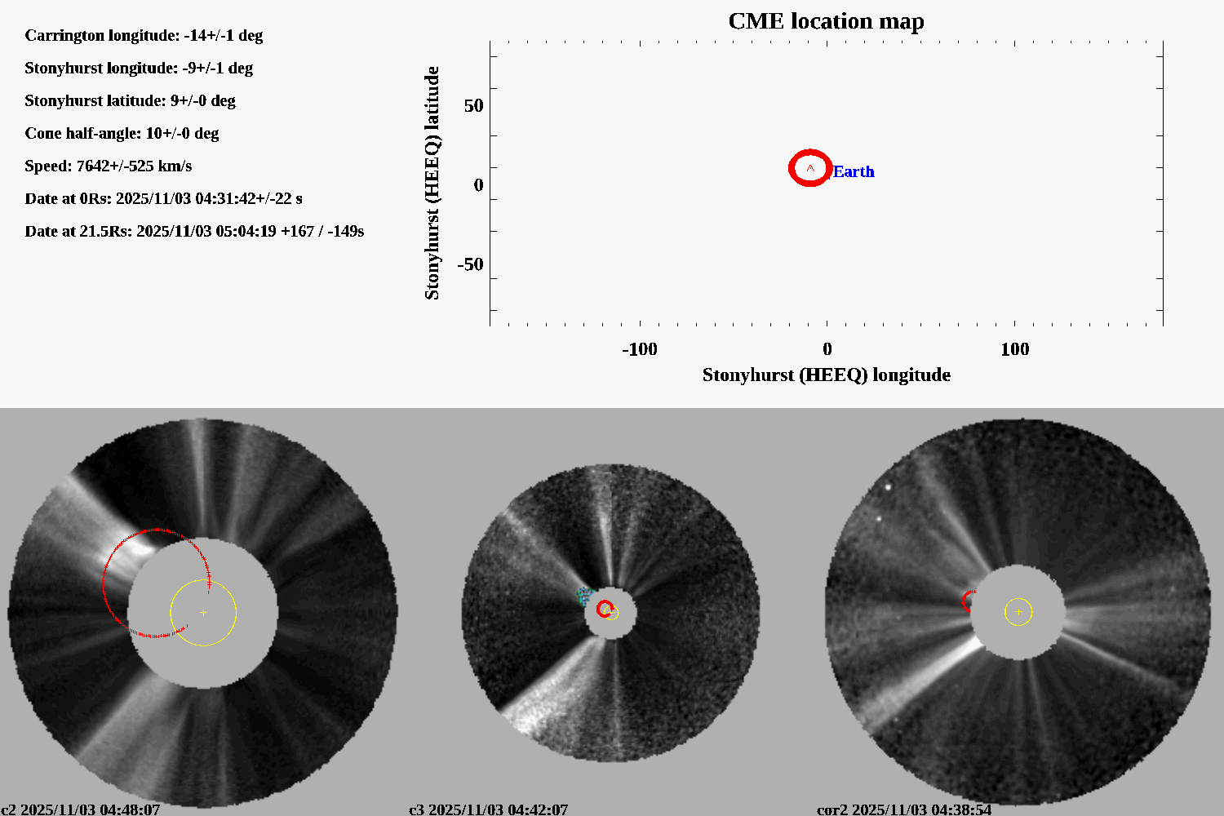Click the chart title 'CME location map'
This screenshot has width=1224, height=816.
coord(826,21)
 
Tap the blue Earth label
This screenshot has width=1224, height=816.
coord(854,171)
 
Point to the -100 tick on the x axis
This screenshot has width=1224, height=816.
coord(639,349)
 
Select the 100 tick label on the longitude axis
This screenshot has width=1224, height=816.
coord(1014,349)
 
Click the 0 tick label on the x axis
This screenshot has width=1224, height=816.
coord(827,349)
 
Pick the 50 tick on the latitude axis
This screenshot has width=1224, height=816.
coord(473,105)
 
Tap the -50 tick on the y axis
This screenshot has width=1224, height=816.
coord(470,264)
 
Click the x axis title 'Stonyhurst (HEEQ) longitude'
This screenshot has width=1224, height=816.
coord(826,375)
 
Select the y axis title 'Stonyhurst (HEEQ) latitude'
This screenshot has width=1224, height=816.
coord(432,183)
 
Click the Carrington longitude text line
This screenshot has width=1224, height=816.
coord(144,35)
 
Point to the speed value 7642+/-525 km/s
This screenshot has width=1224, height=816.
coord(134,166)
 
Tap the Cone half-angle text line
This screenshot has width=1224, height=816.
coord(122,133)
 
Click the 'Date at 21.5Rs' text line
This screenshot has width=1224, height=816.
coord(194,231)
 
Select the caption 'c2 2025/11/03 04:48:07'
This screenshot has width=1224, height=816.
coord(80,809)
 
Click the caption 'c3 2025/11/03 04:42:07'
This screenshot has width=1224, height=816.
coord(488,809)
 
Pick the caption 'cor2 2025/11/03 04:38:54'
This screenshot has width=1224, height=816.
coord(904,809)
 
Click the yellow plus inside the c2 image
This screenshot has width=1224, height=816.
coord(203,612)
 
